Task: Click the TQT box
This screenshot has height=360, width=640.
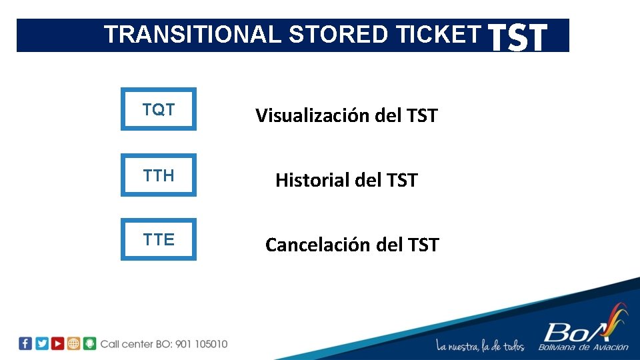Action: [159, 109]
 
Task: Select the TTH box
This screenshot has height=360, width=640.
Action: [159, 175]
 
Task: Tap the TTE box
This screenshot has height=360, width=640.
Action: [159, 240]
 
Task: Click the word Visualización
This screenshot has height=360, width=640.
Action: [312, 116]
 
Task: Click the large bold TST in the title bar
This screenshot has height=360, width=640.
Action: [518, 37]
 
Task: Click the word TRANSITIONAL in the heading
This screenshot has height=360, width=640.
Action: [193, 35]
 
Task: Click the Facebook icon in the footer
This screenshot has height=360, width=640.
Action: [25, 343]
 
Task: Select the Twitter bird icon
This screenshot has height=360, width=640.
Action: [41, 343]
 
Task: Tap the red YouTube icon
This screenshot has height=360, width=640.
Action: [57, 343]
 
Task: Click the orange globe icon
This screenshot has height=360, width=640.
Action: [73, 343]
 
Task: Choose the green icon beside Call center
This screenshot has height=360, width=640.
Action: [90, 343]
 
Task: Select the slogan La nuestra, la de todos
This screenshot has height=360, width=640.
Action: [480, 345]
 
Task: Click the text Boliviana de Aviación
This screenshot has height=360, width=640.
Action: [584, 347]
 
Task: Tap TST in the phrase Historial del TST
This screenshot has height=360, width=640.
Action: [400, 180]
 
